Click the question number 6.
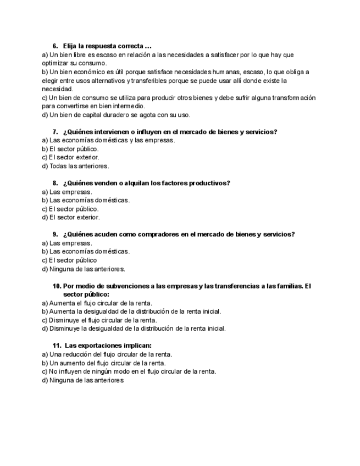point(55,46)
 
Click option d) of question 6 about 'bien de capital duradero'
point(116,115)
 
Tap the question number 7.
point(55,131)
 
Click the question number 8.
point(55,183)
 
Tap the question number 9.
point(55,234)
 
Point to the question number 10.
point(57,286)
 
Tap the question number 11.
point(57,346)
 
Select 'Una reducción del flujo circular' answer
point(107,354)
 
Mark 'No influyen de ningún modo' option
point(129,371)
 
